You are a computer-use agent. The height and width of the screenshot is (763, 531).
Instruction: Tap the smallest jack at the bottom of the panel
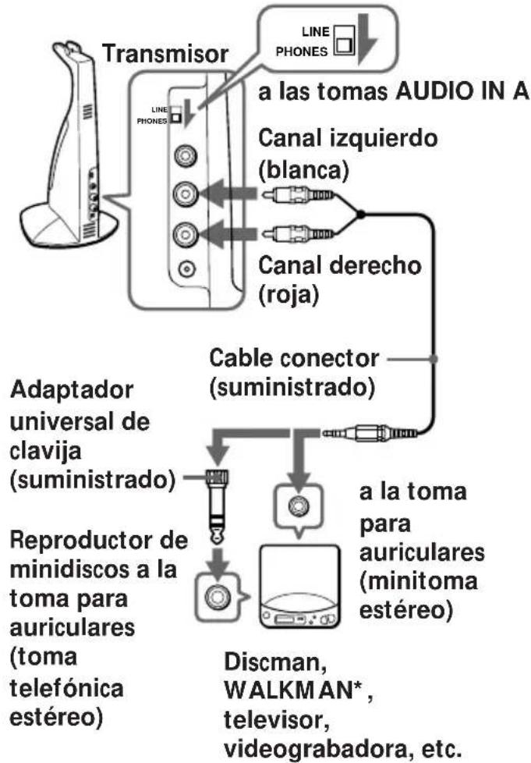[186, 270]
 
